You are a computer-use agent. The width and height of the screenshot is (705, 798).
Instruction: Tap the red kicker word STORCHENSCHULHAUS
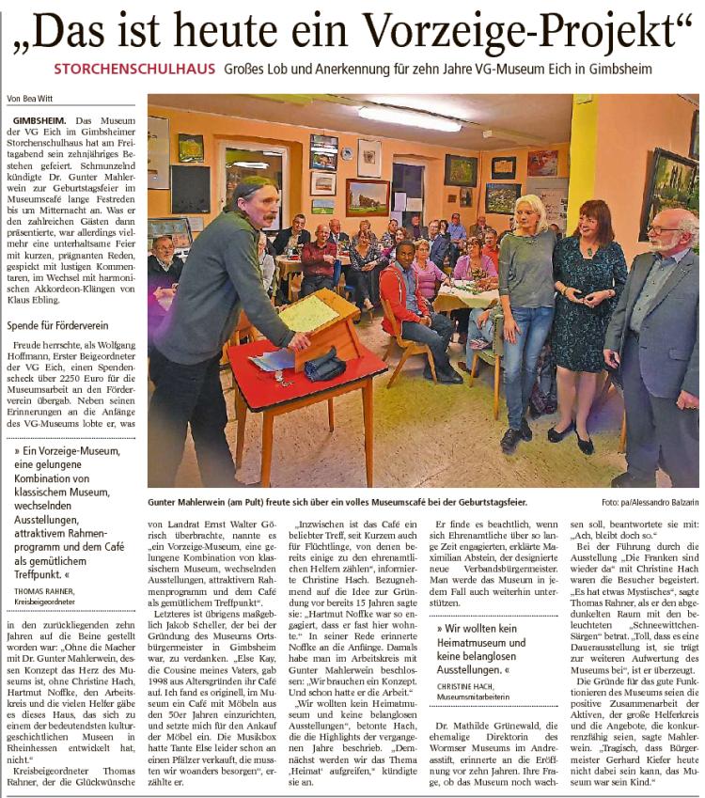point(135,70)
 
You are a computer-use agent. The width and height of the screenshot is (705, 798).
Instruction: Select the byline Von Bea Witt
point(31,99)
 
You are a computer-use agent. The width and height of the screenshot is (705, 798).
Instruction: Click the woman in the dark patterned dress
point(586,310)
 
